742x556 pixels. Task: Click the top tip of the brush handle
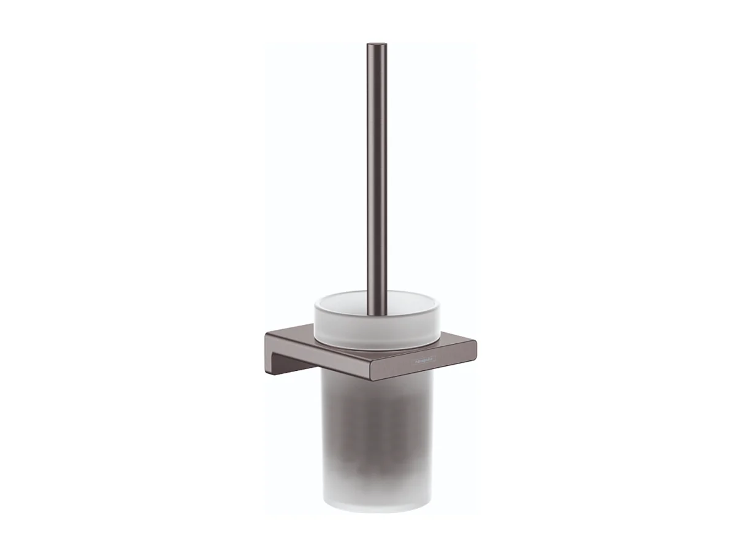click(x=377, y=45)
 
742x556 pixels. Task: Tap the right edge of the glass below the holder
click(x=431, y=429)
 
